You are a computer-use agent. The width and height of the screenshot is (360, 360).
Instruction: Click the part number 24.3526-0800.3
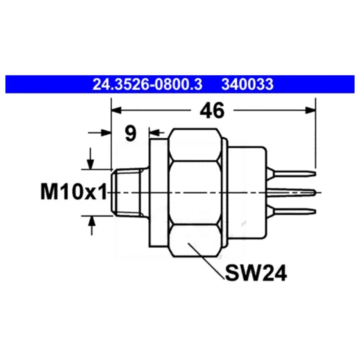click(147, 85)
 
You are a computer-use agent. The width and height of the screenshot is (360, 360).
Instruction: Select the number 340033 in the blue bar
click(247, 85)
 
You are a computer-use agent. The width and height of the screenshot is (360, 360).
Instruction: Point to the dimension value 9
click(130, 133)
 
